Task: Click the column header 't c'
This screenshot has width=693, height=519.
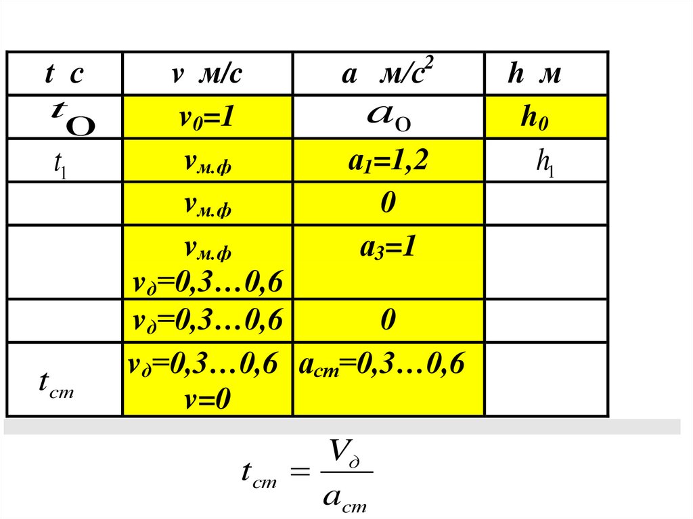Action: tap(64, 74)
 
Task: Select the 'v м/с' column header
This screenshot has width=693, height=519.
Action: tap(206, 74)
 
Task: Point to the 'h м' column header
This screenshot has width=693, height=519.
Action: tap(535, 74)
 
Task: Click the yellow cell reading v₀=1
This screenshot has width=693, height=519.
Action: tap(206, 118)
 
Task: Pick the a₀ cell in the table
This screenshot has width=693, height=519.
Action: tap(388, 118)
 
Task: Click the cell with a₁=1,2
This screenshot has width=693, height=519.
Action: tap(388, 162)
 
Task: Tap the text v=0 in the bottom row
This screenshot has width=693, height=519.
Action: tap(208, 399)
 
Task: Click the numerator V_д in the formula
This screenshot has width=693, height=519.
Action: tap(345, 451)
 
